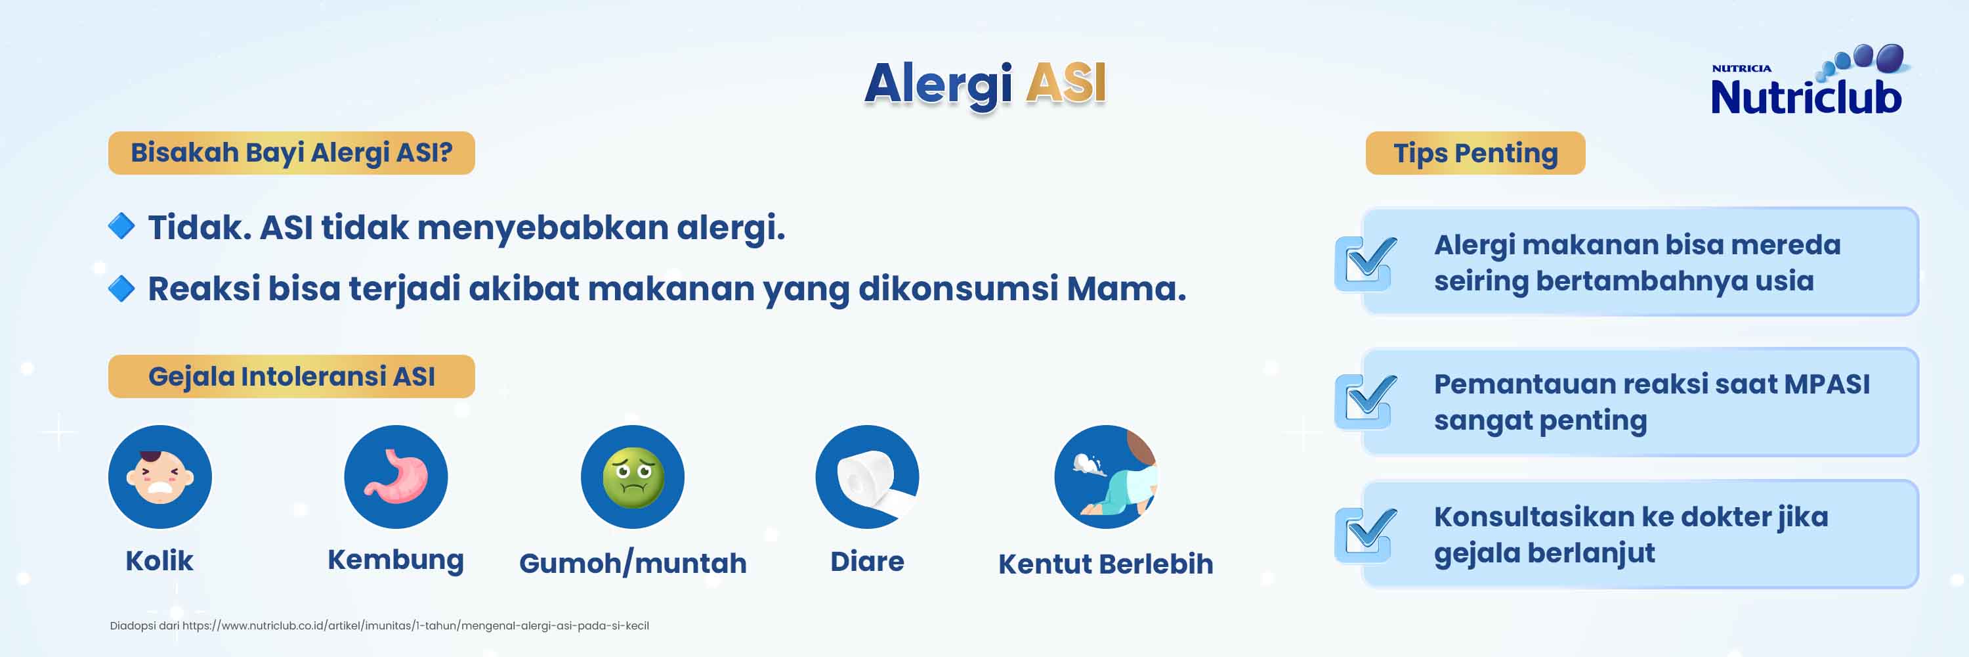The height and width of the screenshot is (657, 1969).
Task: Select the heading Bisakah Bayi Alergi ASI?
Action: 291,153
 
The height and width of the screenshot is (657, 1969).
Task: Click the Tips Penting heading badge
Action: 1475,153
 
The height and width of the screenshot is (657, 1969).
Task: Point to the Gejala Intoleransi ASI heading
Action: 291,376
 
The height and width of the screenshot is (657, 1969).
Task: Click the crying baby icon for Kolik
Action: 159,476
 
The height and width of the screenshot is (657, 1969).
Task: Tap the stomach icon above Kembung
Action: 396,476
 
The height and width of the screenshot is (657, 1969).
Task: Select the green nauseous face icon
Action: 632,476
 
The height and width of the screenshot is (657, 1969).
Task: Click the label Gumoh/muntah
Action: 633,564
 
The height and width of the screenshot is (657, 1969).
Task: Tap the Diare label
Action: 868,561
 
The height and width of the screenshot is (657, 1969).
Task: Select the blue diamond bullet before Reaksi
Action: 121,288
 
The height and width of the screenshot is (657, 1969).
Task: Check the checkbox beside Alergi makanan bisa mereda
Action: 1366,262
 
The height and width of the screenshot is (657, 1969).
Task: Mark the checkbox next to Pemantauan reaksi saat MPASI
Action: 1366,401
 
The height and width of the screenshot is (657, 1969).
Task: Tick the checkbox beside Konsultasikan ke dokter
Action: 1366,535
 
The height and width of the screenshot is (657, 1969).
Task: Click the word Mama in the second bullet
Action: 1126,288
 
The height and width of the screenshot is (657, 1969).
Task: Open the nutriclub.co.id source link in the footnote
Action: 415,625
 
